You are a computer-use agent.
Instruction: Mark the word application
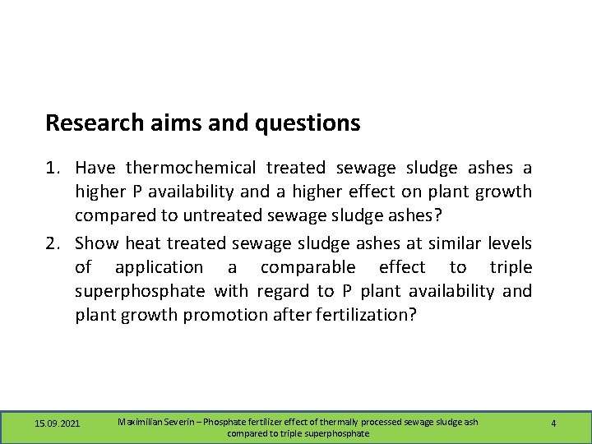(159, 268)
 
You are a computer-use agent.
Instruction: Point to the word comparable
(308, 268)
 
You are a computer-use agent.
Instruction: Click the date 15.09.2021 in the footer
(58, 423)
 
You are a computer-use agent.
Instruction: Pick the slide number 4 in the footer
(553, 423)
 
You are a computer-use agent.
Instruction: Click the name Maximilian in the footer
(143, 422)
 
